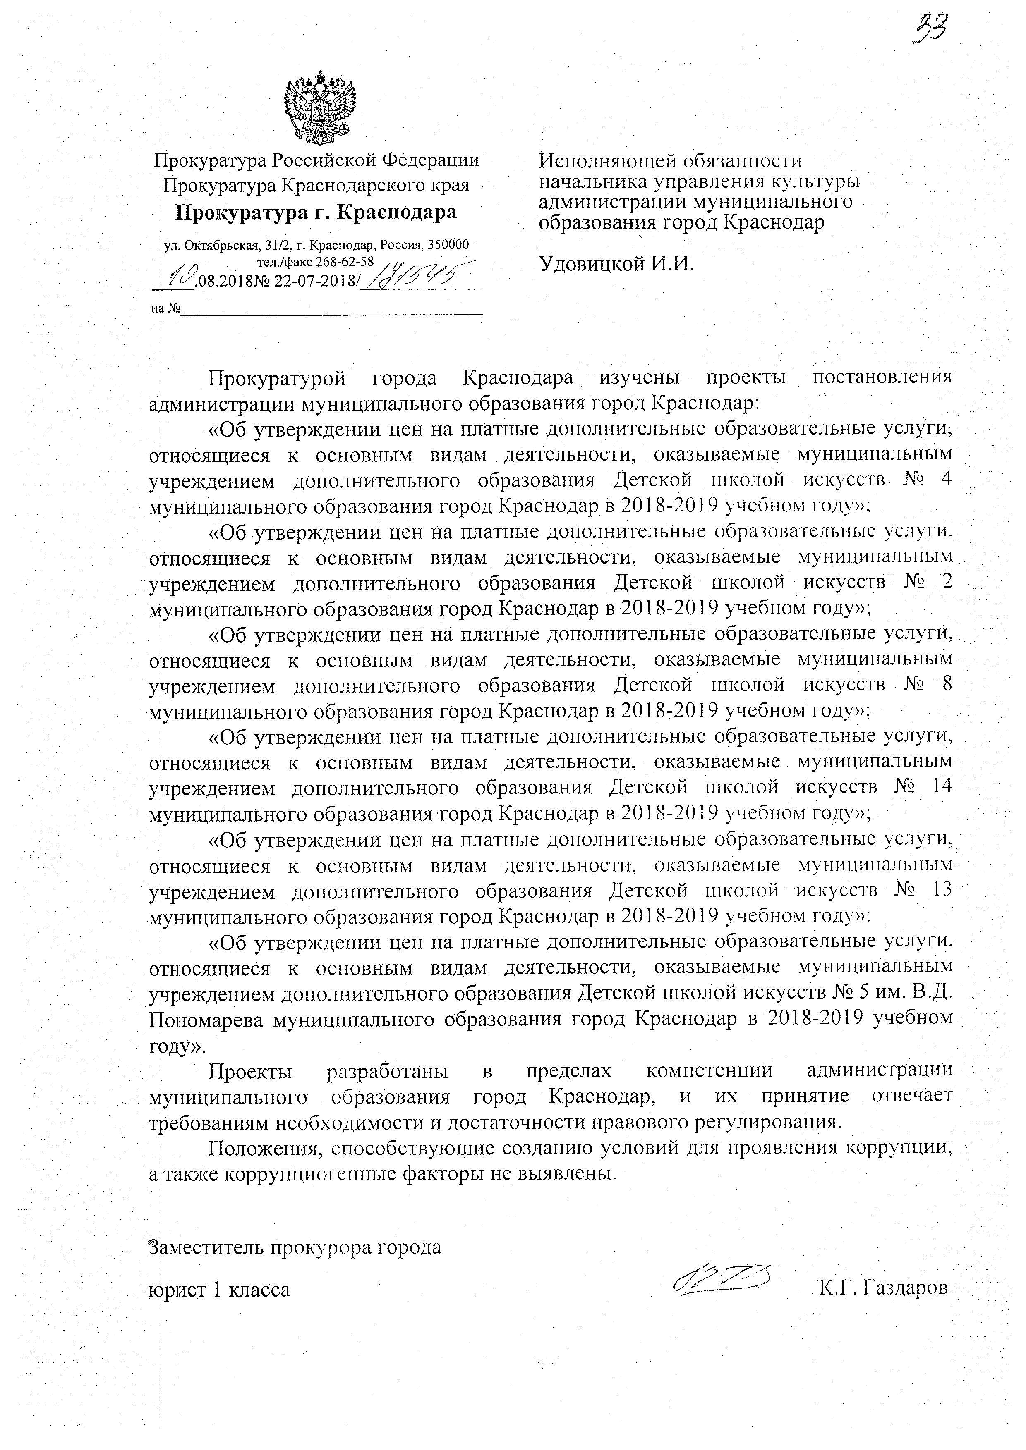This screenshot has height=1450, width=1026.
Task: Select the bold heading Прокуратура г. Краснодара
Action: pos(316,212)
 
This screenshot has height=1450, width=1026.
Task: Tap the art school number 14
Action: pos(938,787)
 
